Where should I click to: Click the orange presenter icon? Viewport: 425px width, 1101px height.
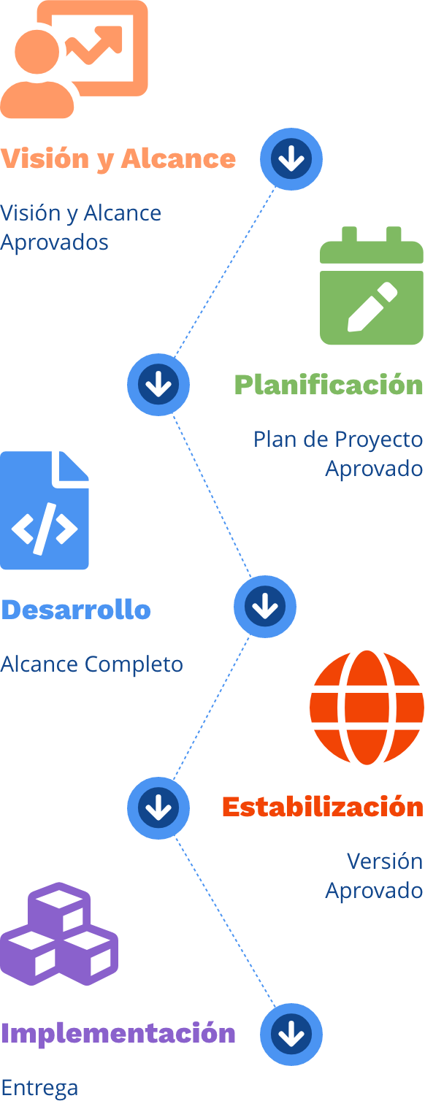74,59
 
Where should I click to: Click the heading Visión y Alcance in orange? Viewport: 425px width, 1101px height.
118,159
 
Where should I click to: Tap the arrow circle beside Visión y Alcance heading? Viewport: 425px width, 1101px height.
291,159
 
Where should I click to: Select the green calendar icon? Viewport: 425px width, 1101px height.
372,285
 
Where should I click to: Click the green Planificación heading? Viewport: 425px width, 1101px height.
329,384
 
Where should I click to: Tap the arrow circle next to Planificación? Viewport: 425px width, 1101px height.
158,384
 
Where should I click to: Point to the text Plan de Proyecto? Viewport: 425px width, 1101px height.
338,440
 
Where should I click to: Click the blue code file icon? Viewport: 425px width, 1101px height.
45,510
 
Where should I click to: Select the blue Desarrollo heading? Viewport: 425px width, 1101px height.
76,610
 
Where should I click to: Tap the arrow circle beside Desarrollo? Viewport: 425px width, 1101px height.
265,607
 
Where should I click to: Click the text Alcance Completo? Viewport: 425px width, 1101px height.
92,664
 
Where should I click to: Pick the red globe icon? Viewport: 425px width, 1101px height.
367,707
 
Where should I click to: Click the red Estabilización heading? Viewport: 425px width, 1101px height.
323,807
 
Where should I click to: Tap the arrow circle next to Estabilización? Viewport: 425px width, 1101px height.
158,808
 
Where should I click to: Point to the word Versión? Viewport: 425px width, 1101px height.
385,862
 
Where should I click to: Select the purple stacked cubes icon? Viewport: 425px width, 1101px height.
59,934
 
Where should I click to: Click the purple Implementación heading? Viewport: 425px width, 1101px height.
118,1034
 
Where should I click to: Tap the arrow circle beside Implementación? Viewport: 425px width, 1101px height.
291,1034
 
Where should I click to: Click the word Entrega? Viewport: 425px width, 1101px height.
39,1088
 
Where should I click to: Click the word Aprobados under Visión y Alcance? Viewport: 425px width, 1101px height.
55,242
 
